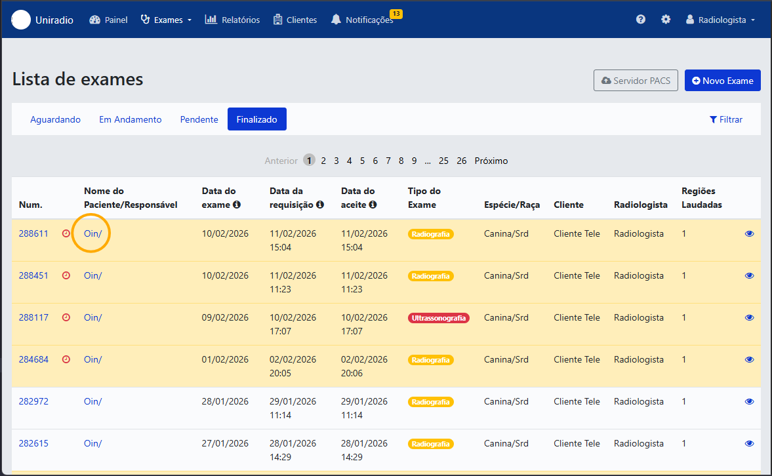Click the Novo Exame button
coord(722,81)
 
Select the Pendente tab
coord(199,119)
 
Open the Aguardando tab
coord(55,119)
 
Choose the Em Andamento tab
coord(130,119)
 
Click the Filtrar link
coord(725,119)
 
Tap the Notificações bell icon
coord(336,20)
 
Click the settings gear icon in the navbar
coord(666,19)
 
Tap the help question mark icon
coord(641,19)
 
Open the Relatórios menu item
coord(232,20)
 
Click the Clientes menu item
coord(295,20)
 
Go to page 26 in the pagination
coord(461,161)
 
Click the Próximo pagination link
coord(491,161)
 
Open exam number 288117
coord(33,317)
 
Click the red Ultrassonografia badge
coord(439,318)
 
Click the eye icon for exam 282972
coord(749,402)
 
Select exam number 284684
coord(33,359)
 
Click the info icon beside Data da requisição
coord(320,205)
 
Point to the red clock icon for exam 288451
coord(66,275)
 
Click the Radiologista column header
coord(641,205)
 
